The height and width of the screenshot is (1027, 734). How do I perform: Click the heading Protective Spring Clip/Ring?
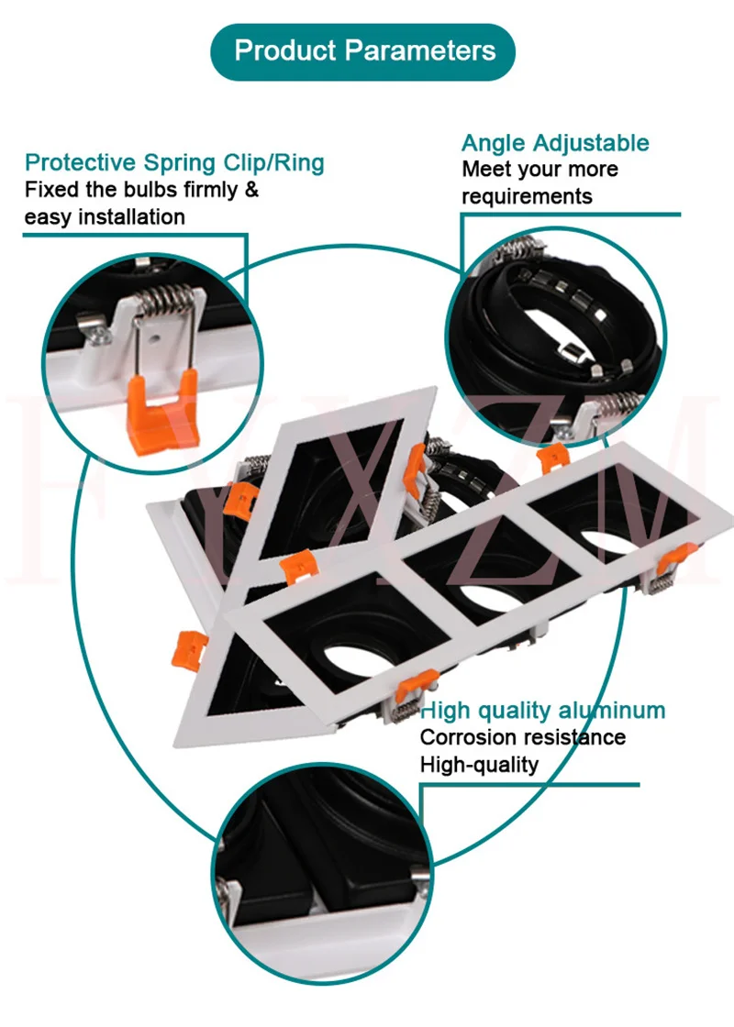click(174, 163)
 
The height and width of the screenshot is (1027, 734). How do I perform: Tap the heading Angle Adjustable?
click(555, 143)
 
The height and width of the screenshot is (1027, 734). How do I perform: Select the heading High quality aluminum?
click(542, 710)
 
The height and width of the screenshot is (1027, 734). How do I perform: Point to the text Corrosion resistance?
click(523, 737)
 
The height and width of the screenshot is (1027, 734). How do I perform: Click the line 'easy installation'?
click(105, 217)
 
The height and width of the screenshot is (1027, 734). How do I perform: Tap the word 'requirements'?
click(527, 196)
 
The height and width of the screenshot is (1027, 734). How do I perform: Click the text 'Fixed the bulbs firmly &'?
click(141, 191)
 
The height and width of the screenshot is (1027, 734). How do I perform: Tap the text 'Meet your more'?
click(539, 170)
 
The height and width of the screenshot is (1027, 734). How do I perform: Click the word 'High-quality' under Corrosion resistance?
click(479, 764)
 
